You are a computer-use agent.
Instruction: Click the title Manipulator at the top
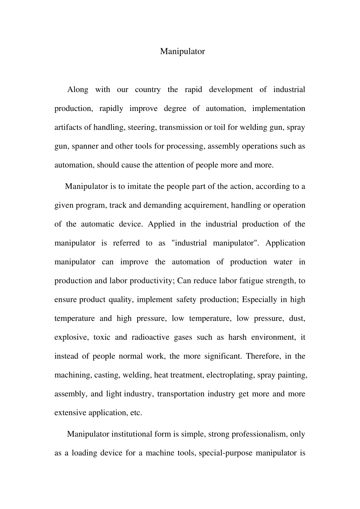[182, 52]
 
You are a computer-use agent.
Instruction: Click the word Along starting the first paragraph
[78, 90]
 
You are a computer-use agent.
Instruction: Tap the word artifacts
[68, 127]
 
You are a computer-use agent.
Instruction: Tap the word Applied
[161, 224]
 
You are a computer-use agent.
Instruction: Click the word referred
[126, 243]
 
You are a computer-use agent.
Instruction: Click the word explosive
[71, 337]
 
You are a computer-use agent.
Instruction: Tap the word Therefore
[263, 356]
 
